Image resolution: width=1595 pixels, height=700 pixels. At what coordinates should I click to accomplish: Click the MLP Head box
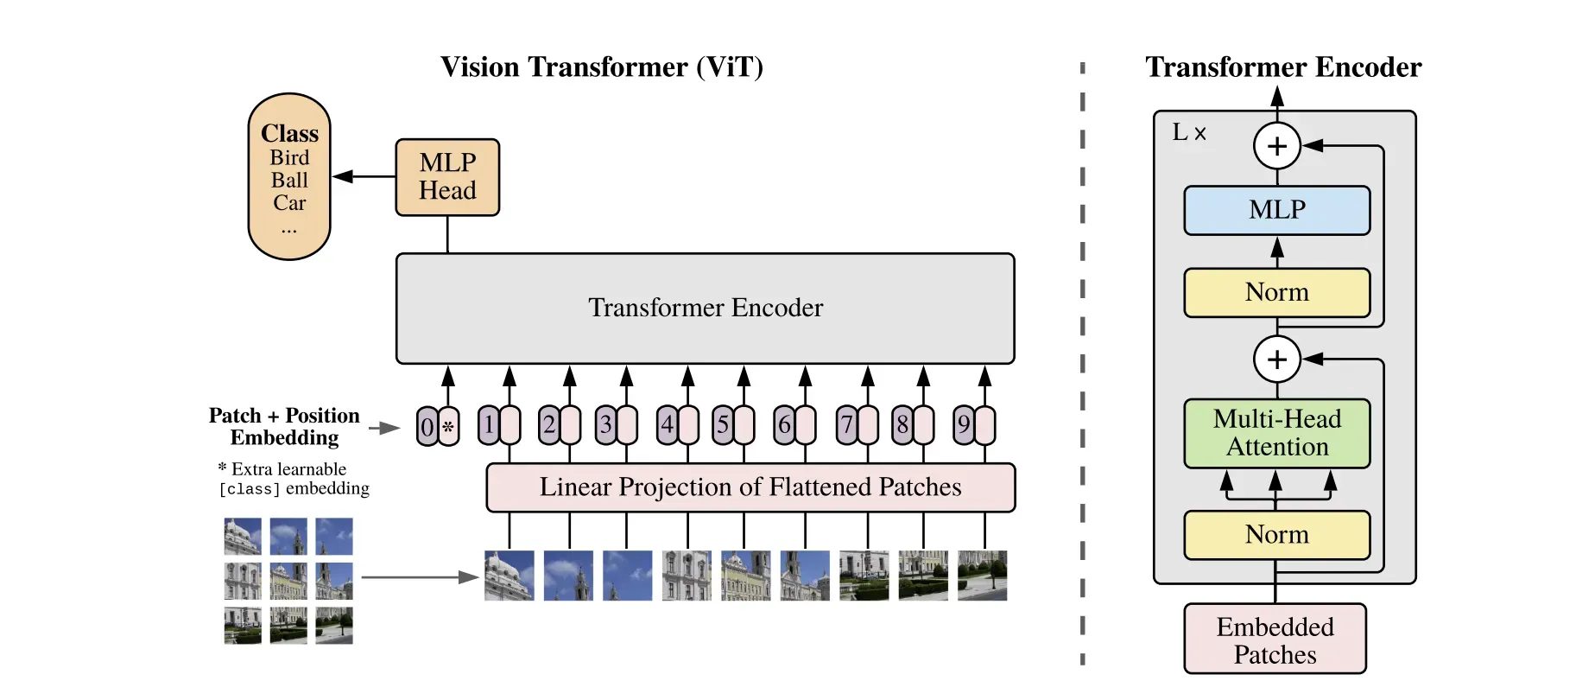pos(447,177)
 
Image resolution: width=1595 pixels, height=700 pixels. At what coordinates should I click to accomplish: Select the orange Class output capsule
pos(289,177)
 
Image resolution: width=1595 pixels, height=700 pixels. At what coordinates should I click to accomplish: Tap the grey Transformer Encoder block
pos(705,309)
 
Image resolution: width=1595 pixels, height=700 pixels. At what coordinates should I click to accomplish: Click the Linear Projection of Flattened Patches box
pos(750,487)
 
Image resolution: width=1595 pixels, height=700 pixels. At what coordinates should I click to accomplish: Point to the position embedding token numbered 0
pos(427,426)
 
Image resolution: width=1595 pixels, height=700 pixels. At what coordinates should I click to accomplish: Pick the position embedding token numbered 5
pos(723,424)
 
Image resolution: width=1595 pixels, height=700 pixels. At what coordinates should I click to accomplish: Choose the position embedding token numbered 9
pos(964,424)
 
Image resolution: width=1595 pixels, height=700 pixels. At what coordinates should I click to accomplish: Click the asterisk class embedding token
pos(449,426)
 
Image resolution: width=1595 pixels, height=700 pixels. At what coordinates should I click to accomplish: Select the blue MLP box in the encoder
pos(1276,210)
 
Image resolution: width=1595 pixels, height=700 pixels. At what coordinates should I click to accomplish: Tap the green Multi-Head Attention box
pos(1276,433)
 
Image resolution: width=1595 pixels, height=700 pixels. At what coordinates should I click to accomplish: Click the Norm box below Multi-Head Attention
pos(1276,535)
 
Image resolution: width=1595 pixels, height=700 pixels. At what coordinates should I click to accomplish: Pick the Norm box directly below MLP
pos(1276,293)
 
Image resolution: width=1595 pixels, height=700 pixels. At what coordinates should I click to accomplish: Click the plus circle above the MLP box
pos(1276,145)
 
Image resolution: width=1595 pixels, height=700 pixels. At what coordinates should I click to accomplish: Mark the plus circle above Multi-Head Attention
pos(1276,359)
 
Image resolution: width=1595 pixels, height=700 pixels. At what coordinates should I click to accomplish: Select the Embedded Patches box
pos(1275,640)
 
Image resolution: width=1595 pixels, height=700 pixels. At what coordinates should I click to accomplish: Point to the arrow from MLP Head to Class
pos(363,176)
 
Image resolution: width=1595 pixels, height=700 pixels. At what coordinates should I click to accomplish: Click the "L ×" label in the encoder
pos(1189,132)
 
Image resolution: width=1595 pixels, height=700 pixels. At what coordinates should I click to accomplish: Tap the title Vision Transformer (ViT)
pos(602,67)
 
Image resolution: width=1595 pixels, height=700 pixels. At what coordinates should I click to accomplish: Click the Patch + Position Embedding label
pos(284,427)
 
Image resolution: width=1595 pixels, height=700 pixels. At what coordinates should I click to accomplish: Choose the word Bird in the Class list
pos(289,158)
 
